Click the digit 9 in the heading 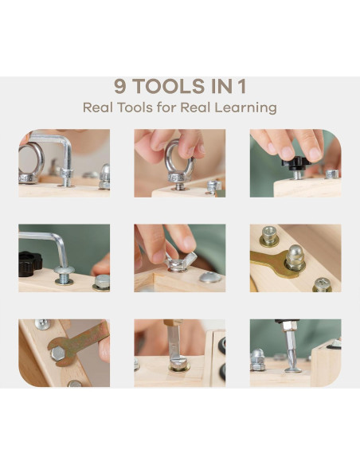(x=121, y=86)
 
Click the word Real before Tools (x=98, y=107)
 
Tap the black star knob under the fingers (x=296, y=163)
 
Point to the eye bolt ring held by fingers (x=179, y=160)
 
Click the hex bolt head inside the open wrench (x=58, y=354)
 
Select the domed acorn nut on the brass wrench (x=295, y=257)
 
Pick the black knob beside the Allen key (x=29, y=264)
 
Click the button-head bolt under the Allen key (x=64, y=275)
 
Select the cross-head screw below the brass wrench (x=322, y=285)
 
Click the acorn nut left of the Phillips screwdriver (x=257, y=359)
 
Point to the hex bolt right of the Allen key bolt (x=102, y=283)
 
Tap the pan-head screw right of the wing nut (x=210, y=277)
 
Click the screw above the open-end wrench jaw (x=42, y=324)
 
